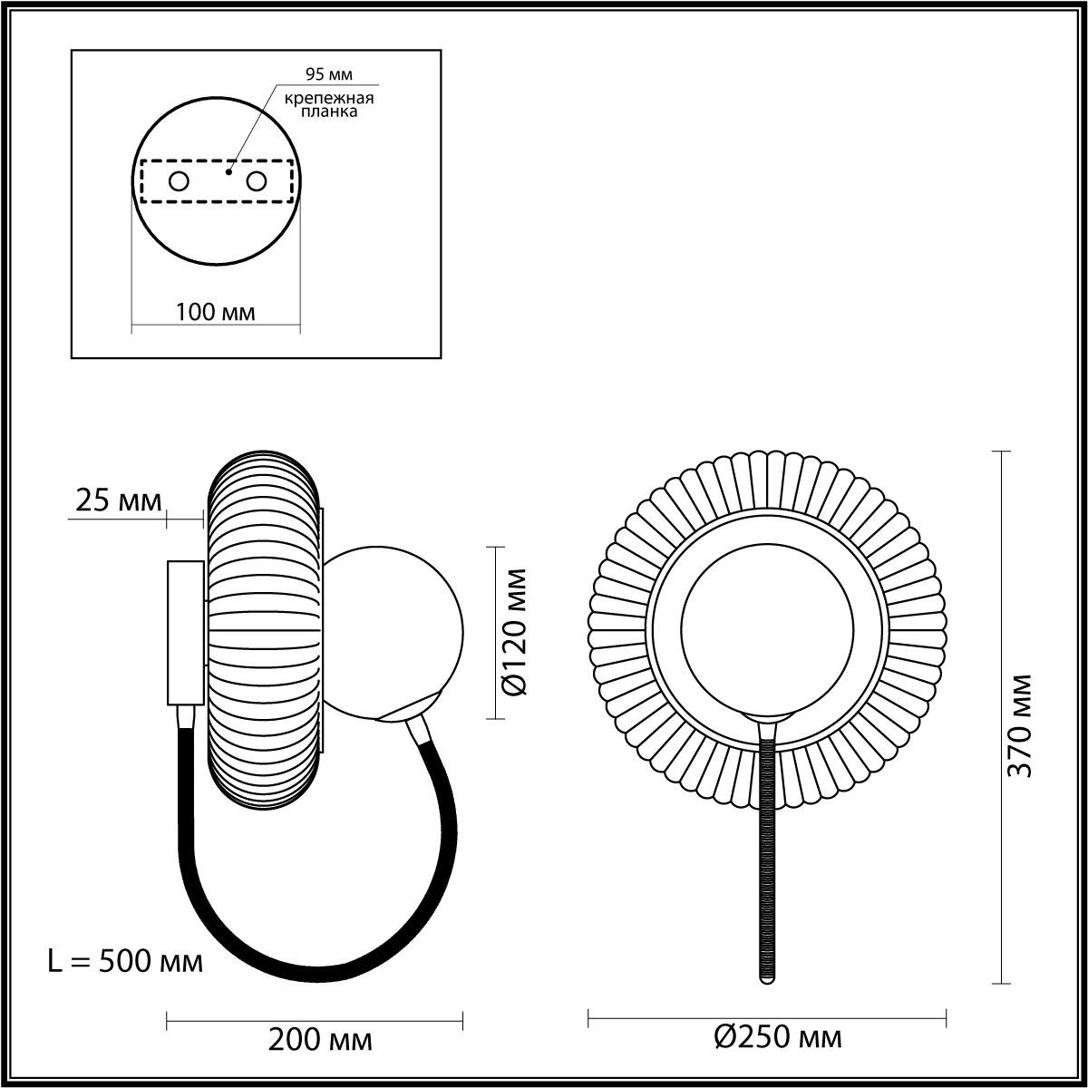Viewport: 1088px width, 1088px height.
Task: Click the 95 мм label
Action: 328,74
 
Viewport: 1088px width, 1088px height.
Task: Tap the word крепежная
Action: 329,99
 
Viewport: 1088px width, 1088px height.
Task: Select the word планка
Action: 329,112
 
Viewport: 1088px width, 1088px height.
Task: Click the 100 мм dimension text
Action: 216,312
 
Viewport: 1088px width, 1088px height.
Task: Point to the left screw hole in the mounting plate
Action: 179,182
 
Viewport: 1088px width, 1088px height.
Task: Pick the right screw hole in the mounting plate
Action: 256,182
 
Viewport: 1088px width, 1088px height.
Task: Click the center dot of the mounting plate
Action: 228,171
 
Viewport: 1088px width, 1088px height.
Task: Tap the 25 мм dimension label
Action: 119,500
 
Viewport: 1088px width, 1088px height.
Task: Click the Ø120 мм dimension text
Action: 514,632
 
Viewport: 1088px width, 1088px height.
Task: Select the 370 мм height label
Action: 1020,726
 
